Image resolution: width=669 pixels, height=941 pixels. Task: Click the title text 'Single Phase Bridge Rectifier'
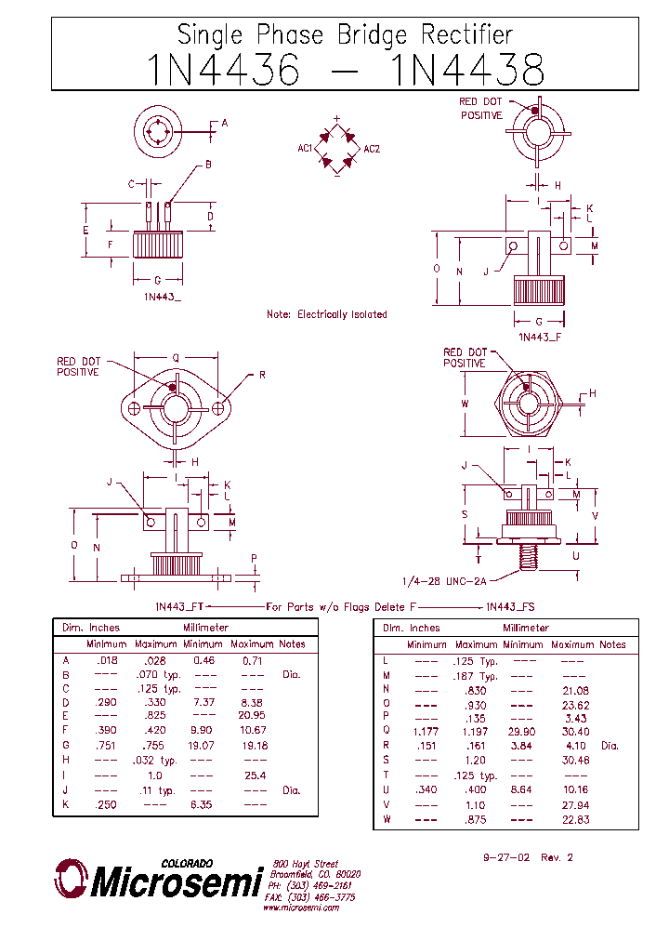[345, 35]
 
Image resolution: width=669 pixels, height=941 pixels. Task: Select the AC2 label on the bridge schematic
[372, 149]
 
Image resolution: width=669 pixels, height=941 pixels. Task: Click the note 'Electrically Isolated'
[327, 314]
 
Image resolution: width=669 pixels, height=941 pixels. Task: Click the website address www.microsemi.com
[301, 908]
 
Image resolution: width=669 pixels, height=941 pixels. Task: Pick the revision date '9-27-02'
[505, 857]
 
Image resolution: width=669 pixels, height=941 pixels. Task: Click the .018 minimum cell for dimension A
[107, 659]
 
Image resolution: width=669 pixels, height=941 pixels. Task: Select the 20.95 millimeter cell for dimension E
[252, 715]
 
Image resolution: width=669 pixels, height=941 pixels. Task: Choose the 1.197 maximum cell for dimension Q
[476, 731]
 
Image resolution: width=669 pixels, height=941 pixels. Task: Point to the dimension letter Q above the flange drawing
[176, 357]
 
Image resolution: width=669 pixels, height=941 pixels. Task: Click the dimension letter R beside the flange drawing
[262, 375]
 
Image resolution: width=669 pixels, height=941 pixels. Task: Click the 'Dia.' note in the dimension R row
[610, 746]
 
